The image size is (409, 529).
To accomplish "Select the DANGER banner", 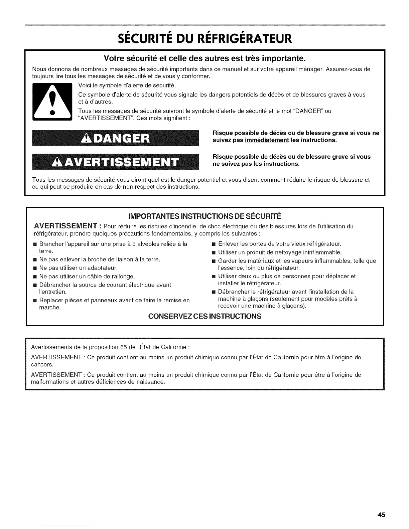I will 115,138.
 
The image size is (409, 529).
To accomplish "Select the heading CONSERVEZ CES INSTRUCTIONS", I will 204,316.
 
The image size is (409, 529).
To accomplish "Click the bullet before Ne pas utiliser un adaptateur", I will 35,268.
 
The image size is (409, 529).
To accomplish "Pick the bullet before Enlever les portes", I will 214,244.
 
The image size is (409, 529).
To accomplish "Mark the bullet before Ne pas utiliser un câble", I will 35,277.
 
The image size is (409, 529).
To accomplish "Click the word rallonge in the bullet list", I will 124,277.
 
